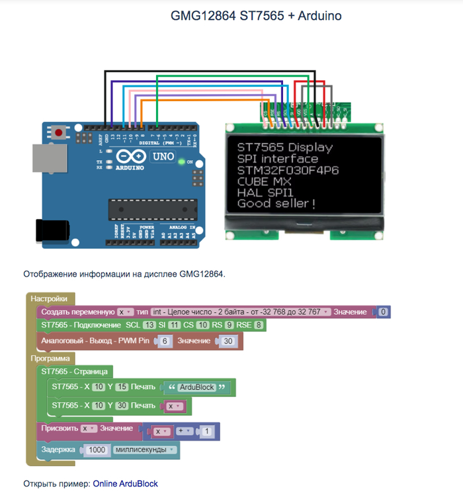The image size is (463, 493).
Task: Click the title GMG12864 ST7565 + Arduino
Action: coord(256,15)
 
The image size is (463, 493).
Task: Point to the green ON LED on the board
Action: coord(181,161)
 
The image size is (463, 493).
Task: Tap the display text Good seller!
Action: coord(276,203)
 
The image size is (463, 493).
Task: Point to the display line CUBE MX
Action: coord(264,181)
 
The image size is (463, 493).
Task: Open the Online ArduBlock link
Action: coord(125,484)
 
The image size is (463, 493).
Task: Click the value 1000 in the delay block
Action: coord(97,450)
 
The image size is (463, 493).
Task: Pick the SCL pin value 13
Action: coord(149,326)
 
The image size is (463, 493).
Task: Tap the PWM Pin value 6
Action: coord(165,341)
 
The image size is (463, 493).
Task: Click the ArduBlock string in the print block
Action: coord(196,387)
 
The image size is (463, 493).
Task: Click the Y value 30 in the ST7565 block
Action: coord(120,405)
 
